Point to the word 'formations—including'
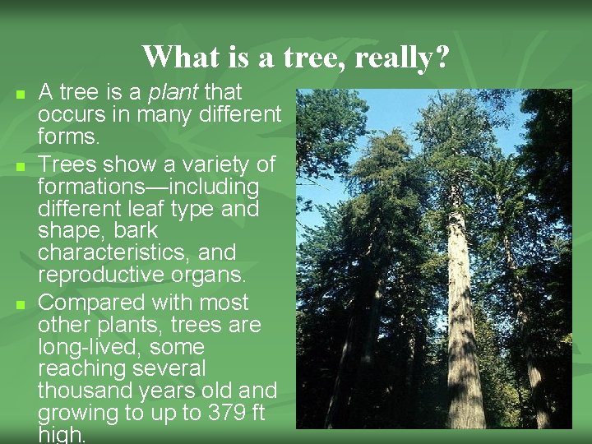[148, 187]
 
